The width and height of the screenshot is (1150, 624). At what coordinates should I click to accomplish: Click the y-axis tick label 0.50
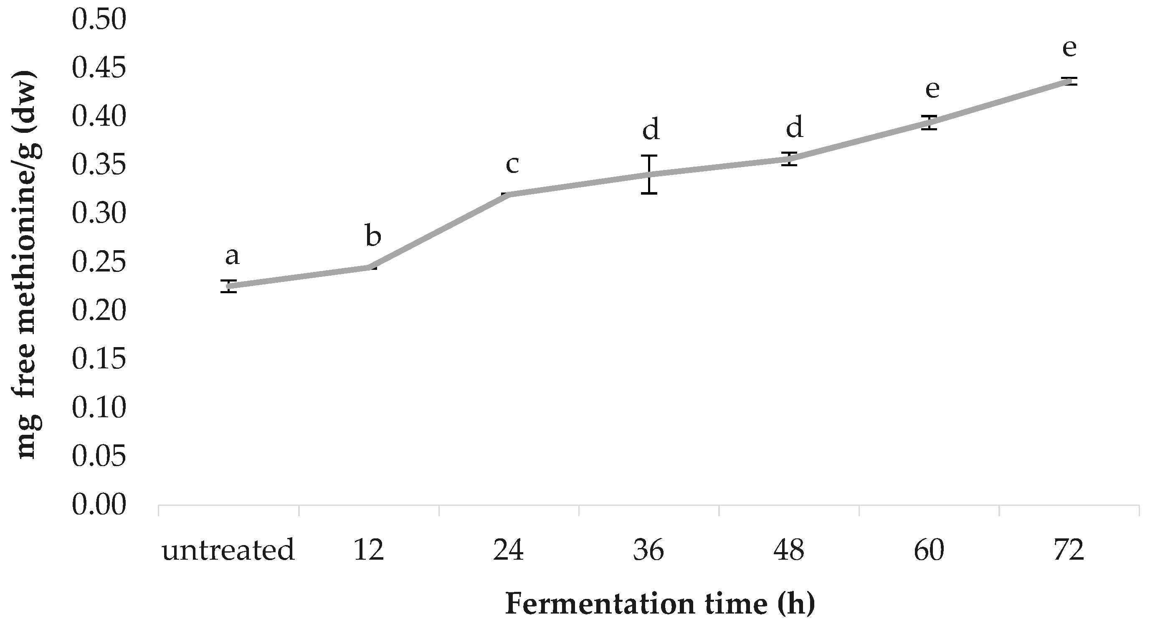pos(99,20)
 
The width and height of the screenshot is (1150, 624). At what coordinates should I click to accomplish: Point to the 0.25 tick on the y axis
pos(99,262)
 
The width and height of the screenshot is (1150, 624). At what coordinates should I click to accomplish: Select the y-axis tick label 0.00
pos(99,505)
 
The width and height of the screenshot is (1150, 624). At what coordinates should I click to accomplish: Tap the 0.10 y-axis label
pos(99,408)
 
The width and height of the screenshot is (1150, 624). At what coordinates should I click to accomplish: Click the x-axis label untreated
pos(228,550)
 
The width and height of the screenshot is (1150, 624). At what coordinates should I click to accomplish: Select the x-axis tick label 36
pos(648,550)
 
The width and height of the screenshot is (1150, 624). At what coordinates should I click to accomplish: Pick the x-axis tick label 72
pos(1069,550)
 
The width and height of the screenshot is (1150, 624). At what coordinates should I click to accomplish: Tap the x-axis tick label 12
pos(369,550)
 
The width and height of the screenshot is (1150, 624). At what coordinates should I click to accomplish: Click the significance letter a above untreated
pos(232,256)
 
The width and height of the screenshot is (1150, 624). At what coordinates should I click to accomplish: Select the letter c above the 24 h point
pos(512,165)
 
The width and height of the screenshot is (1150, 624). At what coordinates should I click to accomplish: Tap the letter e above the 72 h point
pos(1069,48)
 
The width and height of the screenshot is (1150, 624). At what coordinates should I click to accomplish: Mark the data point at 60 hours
pos(930,122)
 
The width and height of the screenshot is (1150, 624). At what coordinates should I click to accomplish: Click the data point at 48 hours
pos(789,159)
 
